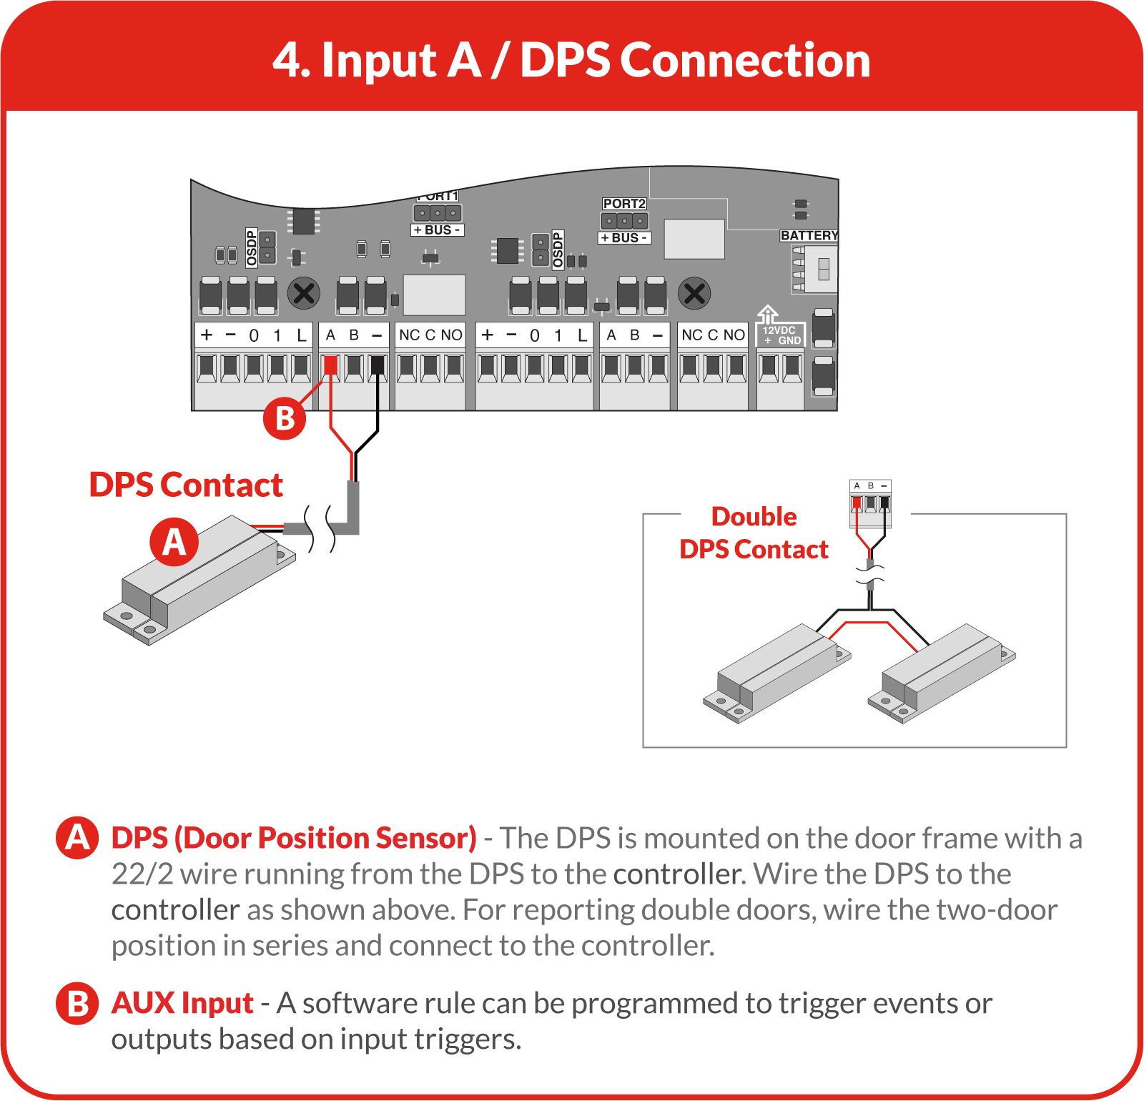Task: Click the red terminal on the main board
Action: pos(330,366)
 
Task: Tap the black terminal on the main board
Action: pos(378,366)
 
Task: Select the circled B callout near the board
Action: pos(285,418)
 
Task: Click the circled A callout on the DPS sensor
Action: pos(174,541)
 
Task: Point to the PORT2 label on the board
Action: pos(624,204)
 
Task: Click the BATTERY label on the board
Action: pos(809,235)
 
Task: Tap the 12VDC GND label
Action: pos(780,335)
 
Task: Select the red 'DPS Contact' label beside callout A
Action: pos(186,485)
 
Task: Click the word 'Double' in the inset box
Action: pos(754,516)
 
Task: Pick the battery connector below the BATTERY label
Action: pos(814,269)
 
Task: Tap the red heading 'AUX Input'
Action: pos(182,1003)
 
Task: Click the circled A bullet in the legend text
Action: pos(77,838)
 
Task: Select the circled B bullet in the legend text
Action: pos(77,1003)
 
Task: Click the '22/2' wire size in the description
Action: pos(142,874)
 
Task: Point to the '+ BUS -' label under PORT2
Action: pos(624,238)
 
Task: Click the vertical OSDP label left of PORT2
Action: pos(558,249)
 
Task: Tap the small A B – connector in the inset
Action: pos(871,497)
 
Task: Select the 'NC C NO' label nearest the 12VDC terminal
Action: pos(713,335)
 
